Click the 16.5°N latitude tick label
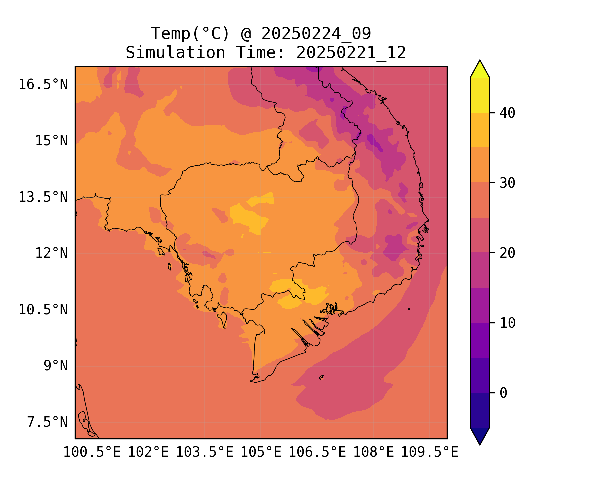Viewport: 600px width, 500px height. pos(43,84)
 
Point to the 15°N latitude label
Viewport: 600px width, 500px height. pos(51,141)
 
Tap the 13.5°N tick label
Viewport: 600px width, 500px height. pos(43,197)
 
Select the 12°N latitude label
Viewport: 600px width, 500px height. pos(51,253)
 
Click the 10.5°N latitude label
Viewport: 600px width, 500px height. pos(43,310)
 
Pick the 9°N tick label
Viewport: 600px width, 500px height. pos(56,366)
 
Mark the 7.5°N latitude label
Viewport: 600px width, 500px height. pos(47,422)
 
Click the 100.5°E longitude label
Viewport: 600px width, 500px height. pos(92,452)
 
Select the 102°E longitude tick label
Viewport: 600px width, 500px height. pos(148,452)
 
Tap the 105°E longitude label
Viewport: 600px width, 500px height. pos(261,452)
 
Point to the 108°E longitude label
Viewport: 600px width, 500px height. pos(373,452)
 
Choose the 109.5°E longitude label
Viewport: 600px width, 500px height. pos(429,452)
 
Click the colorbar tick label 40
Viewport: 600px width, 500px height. pos(507,113)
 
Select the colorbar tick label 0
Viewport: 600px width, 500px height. pos(503,393)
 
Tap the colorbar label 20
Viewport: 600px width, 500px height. pos(507,253)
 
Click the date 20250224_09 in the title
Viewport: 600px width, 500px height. pos(316,33)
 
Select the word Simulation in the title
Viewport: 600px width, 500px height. pos(175,53)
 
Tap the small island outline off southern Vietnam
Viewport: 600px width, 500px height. pos(321,377)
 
